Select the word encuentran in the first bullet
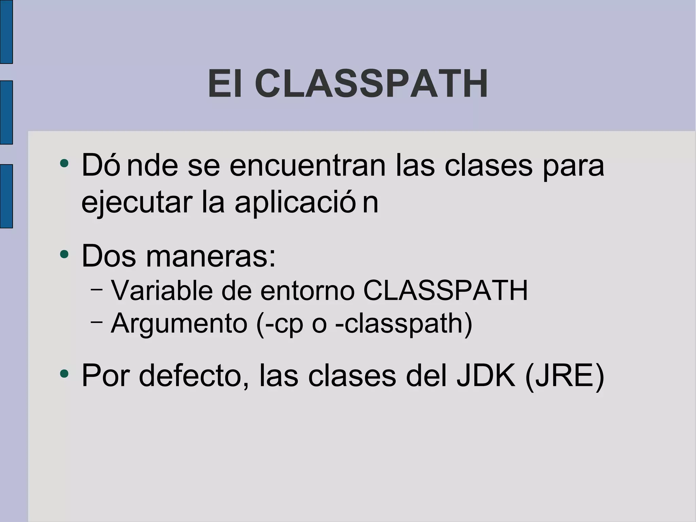[308, 166]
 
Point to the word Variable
[162, 291]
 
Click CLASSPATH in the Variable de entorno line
[445, 291]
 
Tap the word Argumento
[179, 323]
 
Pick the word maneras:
[211, 256]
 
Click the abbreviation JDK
[486, 376]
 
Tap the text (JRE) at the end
[564, 376]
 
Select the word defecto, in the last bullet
[194, 376]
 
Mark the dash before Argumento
[97, 322]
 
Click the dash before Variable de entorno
[97, 289]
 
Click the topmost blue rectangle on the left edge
[6, 32]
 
